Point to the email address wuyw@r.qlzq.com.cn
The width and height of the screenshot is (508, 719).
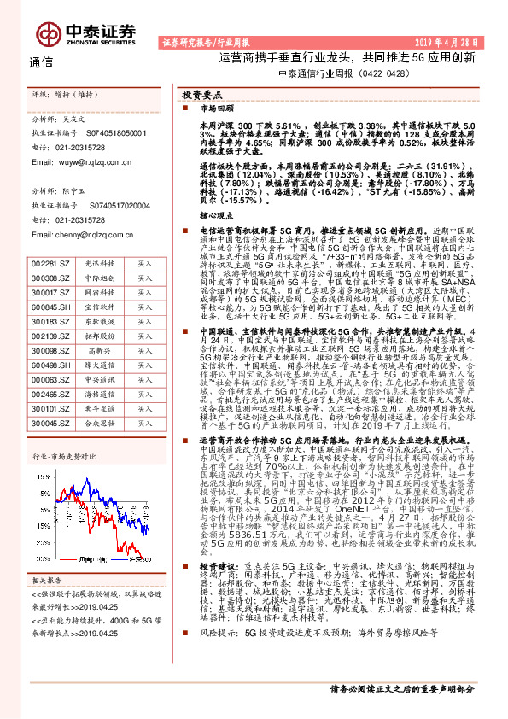pos(79,160)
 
